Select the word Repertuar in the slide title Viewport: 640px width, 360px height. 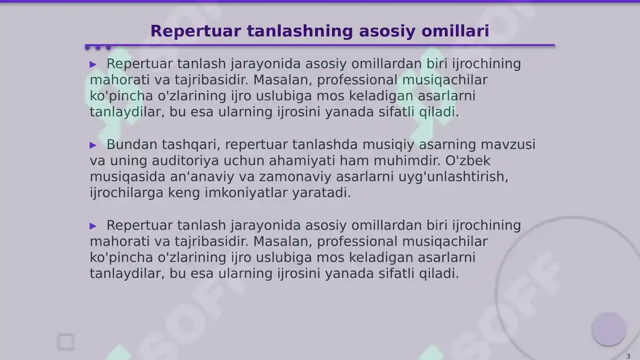196,31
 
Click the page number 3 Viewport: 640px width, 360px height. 628,356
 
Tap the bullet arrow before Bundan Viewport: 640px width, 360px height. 93,145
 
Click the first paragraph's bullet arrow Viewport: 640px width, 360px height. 93,65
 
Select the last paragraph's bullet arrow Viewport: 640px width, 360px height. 93,226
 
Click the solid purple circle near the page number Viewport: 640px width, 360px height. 609,329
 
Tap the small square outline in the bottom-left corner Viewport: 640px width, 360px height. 66,342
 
